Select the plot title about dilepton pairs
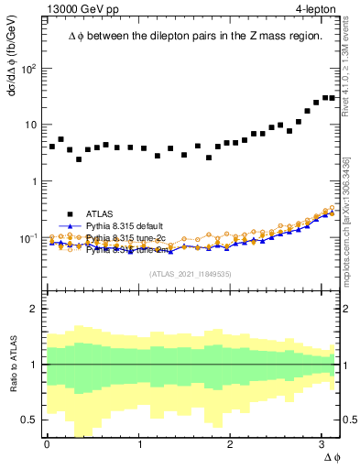[195, 36]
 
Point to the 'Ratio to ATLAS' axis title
[12, 365]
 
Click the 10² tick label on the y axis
[27, 69]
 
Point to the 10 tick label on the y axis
[30, 125]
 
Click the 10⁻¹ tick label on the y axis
[27, 237]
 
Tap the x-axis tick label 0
[47, 445]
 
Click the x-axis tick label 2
[233, 445]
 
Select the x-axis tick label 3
[325, 445]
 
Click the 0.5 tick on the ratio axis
[28, 420]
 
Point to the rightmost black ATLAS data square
[332, 98]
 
